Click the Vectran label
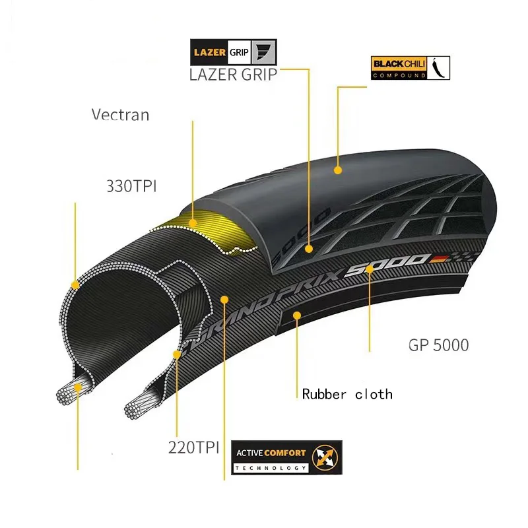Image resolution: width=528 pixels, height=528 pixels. click(x=120, y=114)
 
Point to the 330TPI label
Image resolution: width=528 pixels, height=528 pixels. click(x=131, y=185)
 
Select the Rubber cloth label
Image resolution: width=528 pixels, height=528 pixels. click(x=347, y=394)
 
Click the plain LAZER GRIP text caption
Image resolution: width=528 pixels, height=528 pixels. click(x=233, y=74)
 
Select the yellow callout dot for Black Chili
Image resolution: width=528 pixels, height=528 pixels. click(x=337, y=170)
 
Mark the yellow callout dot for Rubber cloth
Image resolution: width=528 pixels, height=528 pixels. click(x=298, y=315)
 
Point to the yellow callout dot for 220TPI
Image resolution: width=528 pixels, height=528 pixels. click(x=177, y=354)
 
